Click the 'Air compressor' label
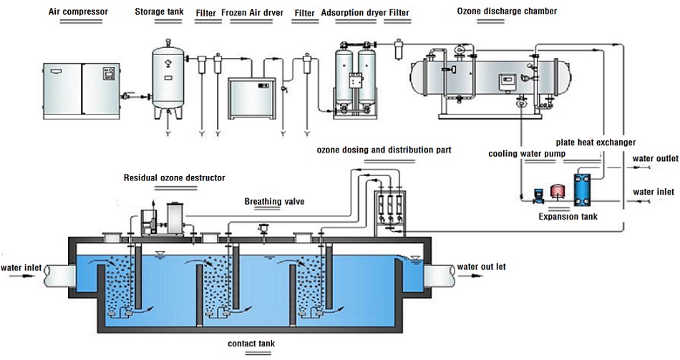(x=78, y=11)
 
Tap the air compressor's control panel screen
(x=107, y=73)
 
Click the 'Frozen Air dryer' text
(x=253, y=13)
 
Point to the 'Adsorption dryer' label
(x=354, y=13)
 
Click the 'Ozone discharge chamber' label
(x=507, y=11)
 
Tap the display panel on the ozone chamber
(x=505, y=81)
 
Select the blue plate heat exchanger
(x=583, y=189)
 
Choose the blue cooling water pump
(x=537, y=195)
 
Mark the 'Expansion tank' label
(x=568, y=216)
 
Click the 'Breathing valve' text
(x=275, y=201)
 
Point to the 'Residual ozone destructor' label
(x=175, y=177)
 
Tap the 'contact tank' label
(x=251, y=344)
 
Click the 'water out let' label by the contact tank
(x=482, y=267)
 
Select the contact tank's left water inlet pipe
(x=59, y=276)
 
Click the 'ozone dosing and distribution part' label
(x=384, y=150)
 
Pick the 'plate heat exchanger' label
(x=596, y=142)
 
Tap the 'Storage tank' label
(x=159, y=11)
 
